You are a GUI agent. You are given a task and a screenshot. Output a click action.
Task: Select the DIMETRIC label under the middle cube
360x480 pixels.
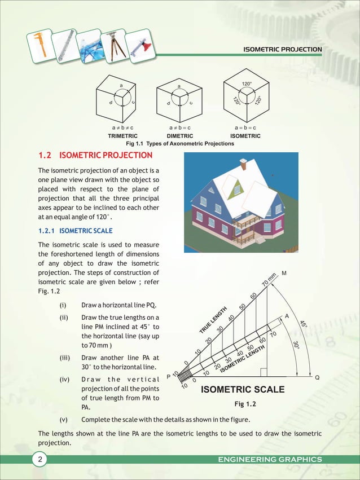click(181, 136)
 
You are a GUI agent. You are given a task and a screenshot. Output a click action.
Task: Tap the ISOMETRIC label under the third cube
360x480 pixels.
click(245, 136)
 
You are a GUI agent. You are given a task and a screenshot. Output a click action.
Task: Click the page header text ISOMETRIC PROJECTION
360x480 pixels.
click(282, 50)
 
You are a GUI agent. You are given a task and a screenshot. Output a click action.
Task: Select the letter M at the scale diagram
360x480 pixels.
click(284, 274)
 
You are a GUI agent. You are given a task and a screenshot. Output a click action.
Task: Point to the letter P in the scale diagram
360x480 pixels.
click(168, 377)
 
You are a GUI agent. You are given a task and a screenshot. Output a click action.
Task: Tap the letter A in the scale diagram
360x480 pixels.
click(287, 316)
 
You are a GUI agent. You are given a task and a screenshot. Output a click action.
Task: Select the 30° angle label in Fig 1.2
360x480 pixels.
click(296, 345)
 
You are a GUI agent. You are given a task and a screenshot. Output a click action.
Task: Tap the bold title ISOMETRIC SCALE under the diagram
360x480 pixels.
click(243, 390)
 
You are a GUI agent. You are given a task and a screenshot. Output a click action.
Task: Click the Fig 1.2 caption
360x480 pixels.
click(245, 404)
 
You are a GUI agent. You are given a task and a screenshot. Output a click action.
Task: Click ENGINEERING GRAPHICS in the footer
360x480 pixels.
click(270, 460)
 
